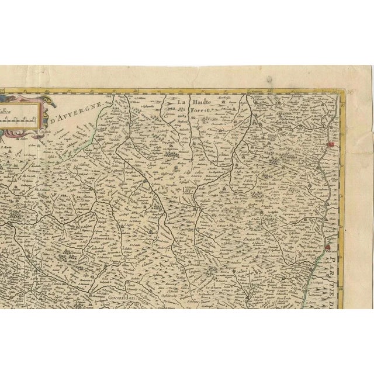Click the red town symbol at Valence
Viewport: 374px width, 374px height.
[329, 239]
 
